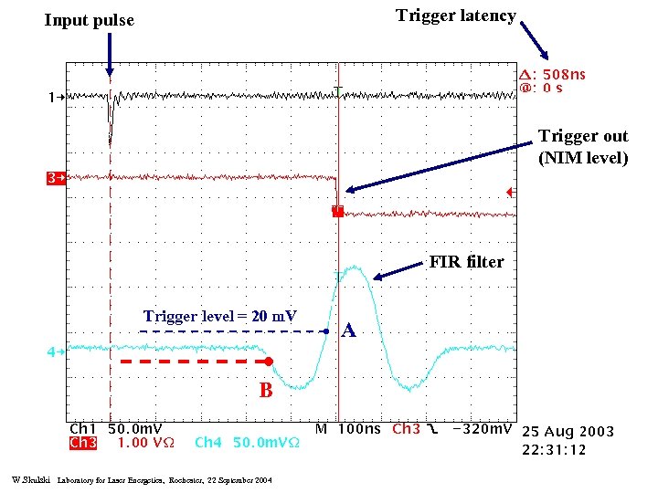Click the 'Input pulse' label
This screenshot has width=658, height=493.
click(x=89, y=20)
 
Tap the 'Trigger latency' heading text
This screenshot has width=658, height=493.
click(x=456, y=16)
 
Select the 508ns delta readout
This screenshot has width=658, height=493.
click(x=552, y=74)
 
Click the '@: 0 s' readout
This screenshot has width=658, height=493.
click(x=541, y=89)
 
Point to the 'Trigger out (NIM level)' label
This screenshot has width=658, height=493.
click(x=583, y=147)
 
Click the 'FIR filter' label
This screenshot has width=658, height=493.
click(x=466, y=262)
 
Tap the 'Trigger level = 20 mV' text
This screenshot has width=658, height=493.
click(x=220, y=317)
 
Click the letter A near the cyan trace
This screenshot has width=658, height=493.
click(x=348, y=331)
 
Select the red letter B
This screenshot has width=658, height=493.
click(x=266, y=391)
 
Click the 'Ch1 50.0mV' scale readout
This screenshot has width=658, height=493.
click(x=116, y=428)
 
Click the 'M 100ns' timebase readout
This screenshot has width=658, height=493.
click(x=349, y=428)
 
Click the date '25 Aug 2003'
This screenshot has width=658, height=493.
click(x=568, y=431)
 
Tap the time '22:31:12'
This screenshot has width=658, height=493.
click(x=555, y=449)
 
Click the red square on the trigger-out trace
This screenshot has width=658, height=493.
click(x=337, y=212)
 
